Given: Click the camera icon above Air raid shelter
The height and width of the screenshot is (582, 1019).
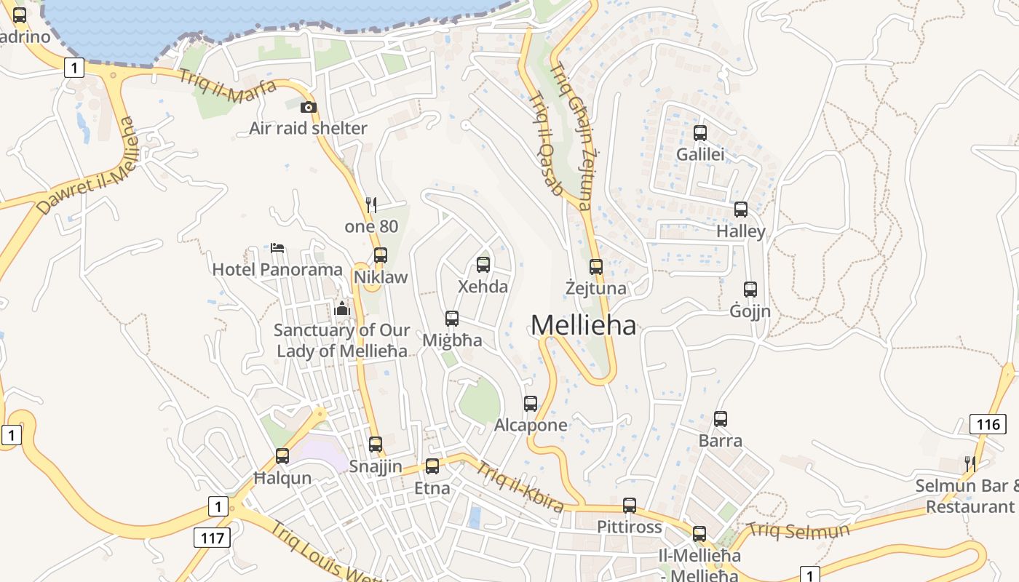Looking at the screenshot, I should [308, 108].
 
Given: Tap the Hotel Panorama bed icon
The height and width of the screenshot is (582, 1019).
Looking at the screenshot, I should [277, 248].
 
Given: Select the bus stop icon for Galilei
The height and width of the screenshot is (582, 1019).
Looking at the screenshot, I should [700, 133].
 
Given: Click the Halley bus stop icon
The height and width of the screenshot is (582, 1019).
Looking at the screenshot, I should [741, 210].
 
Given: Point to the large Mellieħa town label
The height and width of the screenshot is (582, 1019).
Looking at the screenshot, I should [583, 325].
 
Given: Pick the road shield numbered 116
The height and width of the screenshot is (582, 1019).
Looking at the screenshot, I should [988, 424].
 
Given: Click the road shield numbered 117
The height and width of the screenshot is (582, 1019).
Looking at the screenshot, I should [213, 538].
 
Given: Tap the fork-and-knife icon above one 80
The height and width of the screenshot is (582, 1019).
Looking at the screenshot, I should [371, 204].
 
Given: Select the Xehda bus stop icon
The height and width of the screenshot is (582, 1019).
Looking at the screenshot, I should [483, 265].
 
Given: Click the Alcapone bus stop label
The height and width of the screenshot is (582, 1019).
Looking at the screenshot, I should [531, 425].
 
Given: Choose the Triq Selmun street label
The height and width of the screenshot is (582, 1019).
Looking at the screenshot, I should [798, 530].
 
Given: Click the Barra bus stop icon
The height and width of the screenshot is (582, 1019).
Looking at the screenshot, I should [721, 419].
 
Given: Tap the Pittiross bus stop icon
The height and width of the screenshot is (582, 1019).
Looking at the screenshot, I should [630, 506].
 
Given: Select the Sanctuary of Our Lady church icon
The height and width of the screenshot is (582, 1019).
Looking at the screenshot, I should [341, 308].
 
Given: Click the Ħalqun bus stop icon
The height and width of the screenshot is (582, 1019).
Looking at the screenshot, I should [282, 456].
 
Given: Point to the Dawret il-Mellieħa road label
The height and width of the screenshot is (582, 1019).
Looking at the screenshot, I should [87, 167].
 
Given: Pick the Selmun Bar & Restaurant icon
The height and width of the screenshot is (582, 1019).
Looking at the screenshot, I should [970, 463].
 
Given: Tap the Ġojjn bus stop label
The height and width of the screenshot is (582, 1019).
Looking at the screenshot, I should [750, 311].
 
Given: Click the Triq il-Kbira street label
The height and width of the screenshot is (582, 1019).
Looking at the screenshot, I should [520, 486].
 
